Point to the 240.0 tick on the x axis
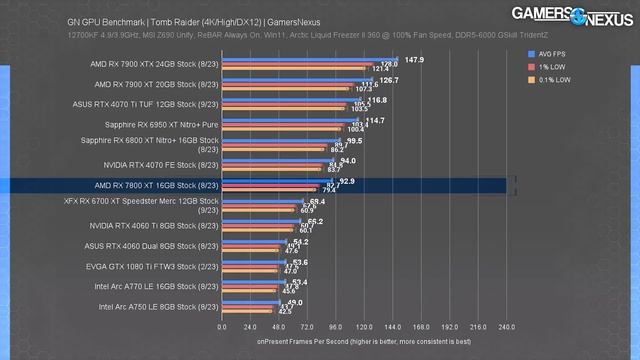506,326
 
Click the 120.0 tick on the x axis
365,326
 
